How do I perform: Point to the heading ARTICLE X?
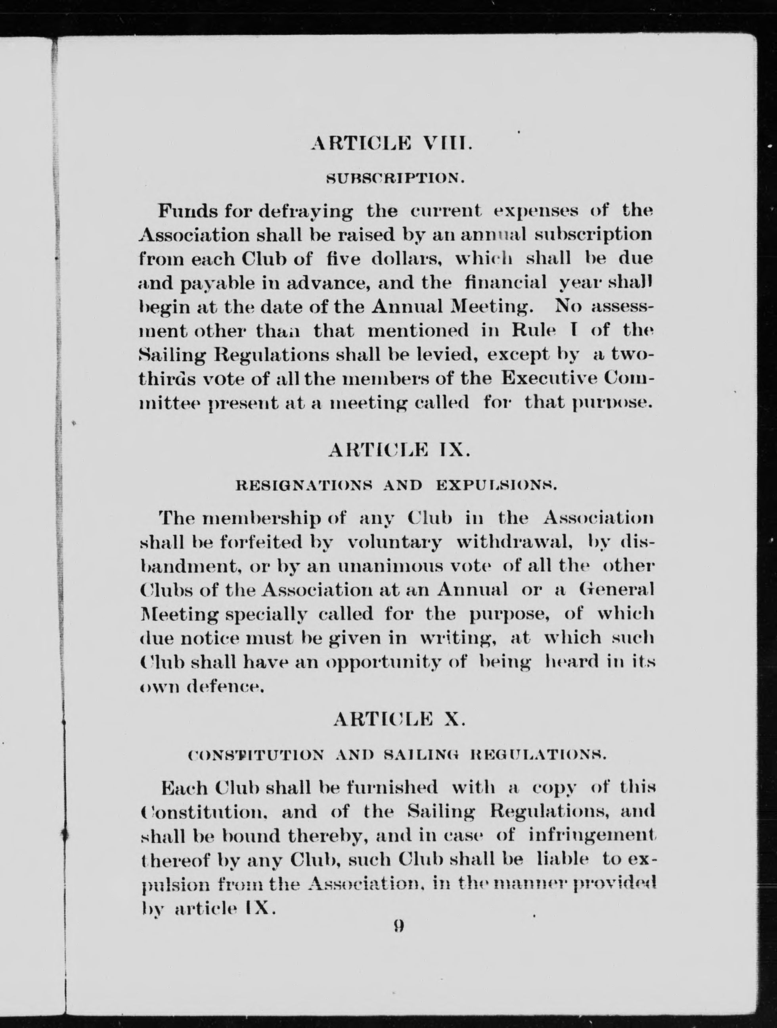[398, 719]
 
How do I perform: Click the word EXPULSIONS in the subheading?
[496, 486]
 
